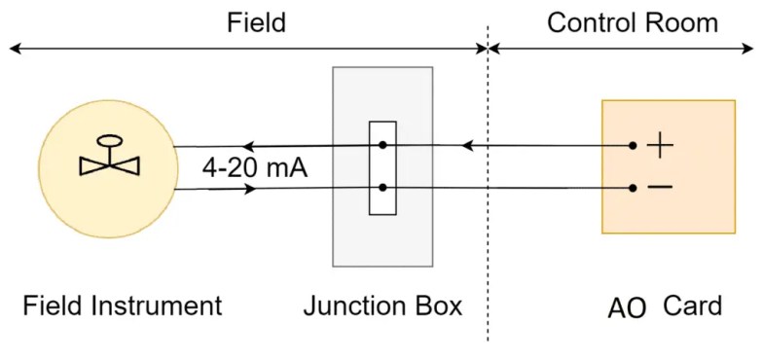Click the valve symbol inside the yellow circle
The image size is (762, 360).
(x=109, y=157)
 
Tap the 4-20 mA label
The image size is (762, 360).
(x=255, y=167)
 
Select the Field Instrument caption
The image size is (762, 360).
(x=123, y=306)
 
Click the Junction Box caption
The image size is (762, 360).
(x=382, y=306)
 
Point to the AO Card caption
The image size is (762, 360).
(x=665, y=307)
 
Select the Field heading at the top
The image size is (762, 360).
(x=256, y=22)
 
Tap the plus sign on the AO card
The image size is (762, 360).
(x=661, y=146)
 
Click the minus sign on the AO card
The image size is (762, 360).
(x=660, y=186)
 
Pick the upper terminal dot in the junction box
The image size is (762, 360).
(x=383, y=146)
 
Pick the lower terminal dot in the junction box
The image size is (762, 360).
(x=383, y=187)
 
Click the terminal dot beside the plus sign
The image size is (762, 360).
(x=633, y=146)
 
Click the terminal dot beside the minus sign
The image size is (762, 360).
(x=633, y=187)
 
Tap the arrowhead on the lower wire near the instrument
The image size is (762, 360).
(x=250, y=188)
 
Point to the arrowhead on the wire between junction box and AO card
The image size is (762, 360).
(x=467, y=146)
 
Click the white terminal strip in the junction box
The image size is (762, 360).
(x=382, y=167)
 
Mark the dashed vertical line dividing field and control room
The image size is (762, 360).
(x=488, y=195)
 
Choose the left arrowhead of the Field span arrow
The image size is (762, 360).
(x=14, y=48)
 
